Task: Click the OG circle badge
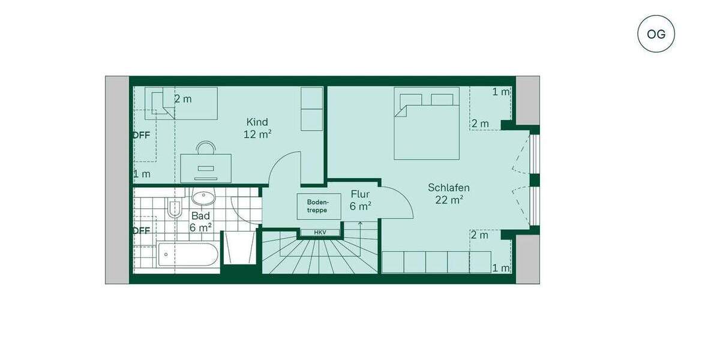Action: tap(656, 34)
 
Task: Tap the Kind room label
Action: tap(257, 122)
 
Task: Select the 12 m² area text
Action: tap(257, 134)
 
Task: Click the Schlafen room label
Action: tap(448, 188)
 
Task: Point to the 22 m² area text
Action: tap(448, 200)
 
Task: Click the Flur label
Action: tap(360, 194)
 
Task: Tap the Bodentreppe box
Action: tap(317, 206)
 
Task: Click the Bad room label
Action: tap(200, 216)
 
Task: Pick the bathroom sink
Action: tap(204, 196)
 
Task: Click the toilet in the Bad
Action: tap(175, 208)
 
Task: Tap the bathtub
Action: tap(187, 255)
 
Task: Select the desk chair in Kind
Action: tap(206, 148)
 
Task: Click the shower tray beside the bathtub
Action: tap(239, 247)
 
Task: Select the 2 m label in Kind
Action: tap(183, 99)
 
